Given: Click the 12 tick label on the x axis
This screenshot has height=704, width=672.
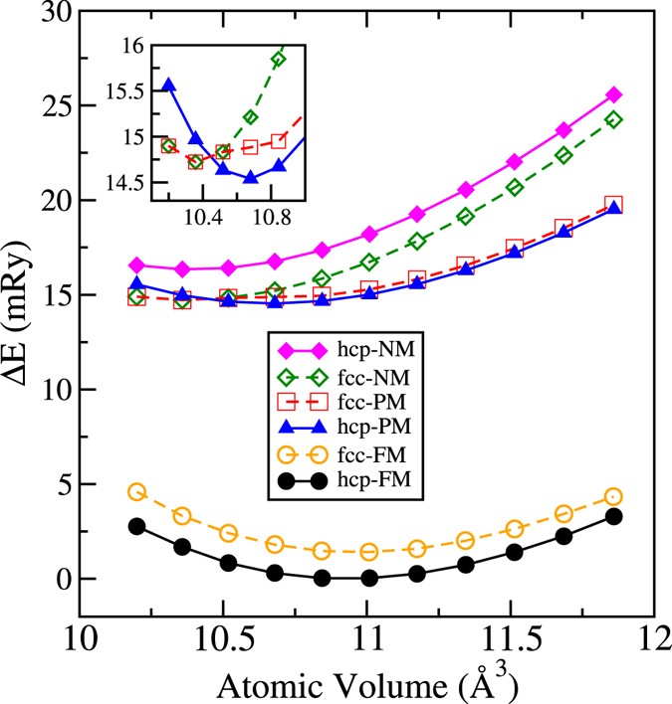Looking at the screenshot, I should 652,636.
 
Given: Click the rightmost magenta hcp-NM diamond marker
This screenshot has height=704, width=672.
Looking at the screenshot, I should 614,94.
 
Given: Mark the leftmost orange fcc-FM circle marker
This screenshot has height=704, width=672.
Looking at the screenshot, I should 137,492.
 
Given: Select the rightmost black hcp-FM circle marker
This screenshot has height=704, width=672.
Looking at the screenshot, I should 614,516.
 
